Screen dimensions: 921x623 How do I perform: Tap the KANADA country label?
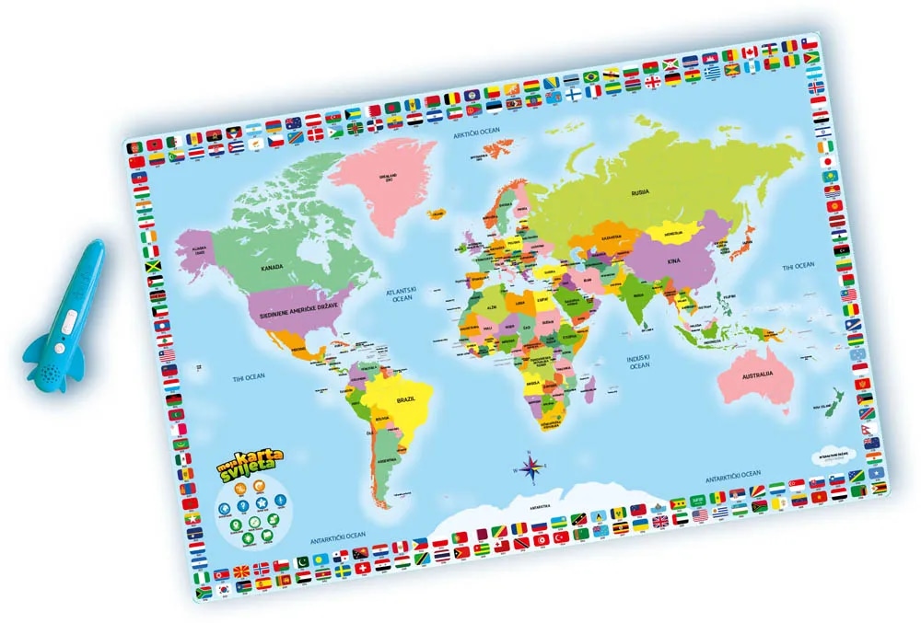click(271, 268)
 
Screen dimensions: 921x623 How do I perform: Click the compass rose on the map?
click(531, 467)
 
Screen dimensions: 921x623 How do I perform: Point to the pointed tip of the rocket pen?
click(98, 246)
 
